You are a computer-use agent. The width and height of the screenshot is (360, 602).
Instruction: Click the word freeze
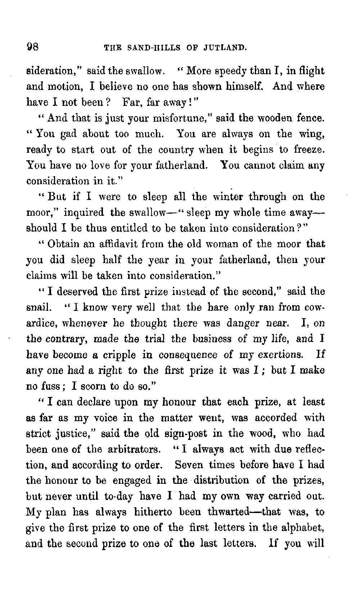pos(310,150)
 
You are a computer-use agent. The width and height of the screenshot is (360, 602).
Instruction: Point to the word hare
pos(220,308)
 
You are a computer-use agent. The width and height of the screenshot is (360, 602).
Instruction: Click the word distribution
pos(221,481)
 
